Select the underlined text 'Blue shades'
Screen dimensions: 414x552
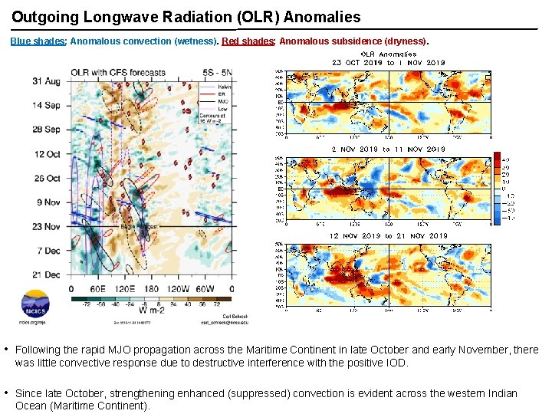(x=38, y=41)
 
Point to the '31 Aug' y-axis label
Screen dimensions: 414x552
(x=47, y=80)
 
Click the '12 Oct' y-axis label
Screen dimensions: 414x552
(x=47, y=154)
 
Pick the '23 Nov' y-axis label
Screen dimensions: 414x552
(x=47, y=227)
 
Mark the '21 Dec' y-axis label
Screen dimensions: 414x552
(x=47, y=274)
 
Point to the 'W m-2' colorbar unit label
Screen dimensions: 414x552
(x=153, y=312)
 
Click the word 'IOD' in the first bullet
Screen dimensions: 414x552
(x=397, y=363)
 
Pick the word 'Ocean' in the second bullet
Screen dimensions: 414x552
(x=31, y=406)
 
